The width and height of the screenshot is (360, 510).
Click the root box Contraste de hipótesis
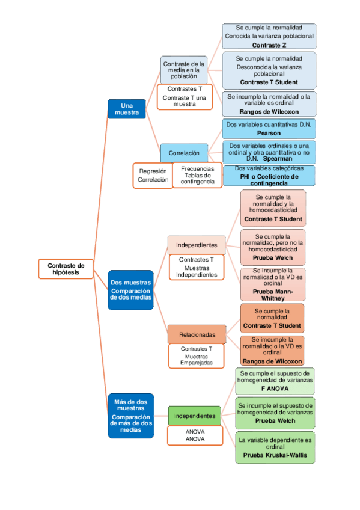pos(66,269)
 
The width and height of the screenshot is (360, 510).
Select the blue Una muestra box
pos(126,108)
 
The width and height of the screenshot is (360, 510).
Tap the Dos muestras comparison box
pos(131,289)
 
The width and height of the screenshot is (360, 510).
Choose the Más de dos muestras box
pos(131,415)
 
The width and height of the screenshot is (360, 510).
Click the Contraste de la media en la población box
pos(184,70)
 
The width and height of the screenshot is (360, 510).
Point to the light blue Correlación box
pos(184,152)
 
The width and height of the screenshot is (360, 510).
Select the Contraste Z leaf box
pos(269,36)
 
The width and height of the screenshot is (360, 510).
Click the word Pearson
pos(269,132)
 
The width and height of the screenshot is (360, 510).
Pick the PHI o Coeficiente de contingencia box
pos(269,176)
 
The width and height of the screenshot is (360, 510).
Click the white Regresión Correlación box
pos(153,175)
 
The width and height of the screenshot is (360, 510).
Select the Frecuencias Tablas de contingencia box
pos(197,175)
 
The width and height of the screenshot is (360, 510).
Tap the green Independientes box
pos(194,416)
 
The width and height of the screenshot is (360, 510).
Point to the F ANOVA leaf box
pos(275,381)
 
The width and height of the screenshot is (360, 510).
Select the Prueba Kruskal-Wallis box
pos(275,447)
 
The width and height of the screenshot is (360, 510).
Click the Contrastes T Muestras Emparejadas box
pos(196,355)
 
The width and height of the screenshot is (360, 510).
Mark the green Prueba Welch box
pos(275,413)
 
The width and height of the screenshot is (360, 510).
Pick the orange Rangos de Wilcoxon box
pos(272,351)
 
